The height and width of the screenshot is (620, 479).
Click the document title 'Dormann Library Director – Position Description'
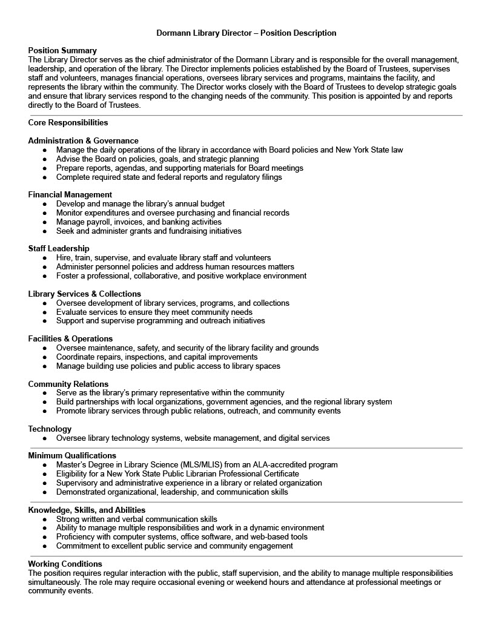[x=246, y=33]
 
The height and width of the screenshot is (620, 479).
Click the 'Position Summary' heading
[x=62, y=51]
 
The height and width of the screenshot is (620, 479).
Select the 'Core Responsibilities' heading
[x=68, y=123]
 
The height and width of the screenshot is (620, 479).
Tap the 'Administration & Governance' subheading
[x=83, y=141]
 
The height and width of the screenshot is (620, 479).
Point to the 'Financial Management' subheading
[x=70, y=195]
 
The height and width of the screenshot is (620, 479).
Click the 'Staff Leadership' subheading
[x=59, y=249]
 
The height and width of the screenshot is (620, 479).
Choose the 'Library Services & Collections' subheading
[x=84, y=294]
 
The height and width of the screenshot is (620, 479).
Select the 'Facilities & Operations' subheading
[x=70, y=339]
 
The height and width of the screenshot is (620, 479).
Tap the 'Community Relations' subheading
[x=68, y=384]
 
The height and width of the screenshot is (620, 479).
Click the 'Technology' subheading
[x=50, y=429]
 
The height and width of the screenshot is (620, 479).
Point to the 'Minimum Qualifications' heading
[x=72, y=456]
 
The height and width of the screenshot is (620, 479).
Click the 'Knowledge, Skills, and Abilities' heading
[x=87, y=510]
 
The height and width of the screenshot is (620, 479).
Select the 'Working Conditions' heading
[x=65, y=564]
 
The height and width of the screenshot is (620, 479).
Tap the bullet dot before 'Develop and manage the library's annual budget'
[x=45, y=204]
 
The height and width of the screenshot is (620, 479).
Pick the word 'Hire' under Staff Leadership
[x=64, y=258]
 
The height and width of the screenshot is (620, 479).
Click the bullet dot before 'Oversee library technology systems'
[x=45, y=438]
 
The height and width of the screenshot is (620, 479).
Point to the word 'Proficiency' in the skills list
[x=77, y=537]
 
